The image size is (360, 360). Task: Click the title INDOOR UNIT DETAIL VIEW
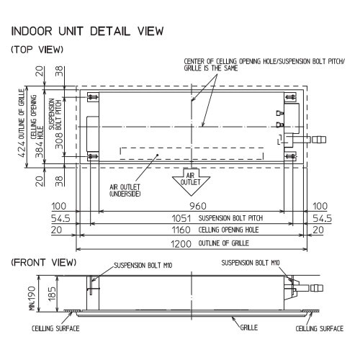coord(88,31)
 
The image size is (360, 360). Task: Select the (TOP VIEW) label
coord(37,50)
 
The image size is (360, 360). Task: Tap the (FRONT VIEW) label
coord(44,262)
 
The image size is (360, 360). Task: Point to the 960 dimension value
coord(198,206)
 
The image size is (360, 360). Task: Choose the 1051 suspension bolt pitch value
coord(181,218)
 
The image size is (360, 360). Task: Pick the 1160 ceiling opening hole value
coord(181,230)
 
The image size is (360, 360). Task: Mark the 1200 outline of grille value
coord(181,244)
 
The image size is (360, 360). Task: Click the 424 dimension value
coord(22,149)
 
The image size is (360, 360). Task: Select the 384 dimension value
coord(39,150)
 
